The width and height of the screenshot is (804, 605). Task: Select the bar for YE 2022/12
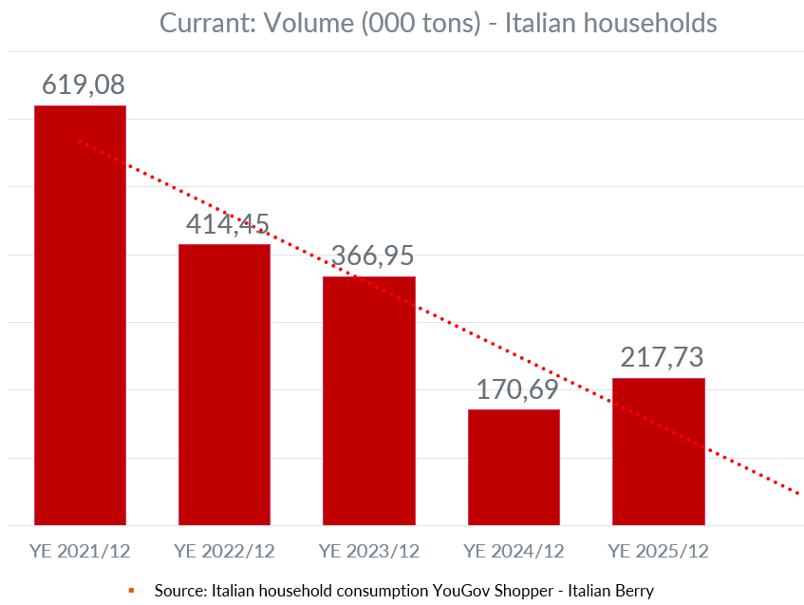225,385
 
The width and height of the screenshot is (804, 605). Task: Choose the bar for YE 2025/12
659,452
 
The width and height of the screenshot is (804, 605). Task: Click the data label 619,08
83,85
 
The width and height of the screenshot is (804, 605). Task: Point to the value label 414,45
225,224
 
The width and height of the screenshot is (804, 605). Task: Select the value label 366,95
372,255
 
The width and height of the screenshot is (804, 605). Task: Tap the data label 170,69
516,389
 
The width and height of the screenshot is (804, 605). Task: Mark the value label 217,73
662,357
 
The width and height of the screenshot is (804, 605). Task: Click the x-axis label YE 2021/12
80,551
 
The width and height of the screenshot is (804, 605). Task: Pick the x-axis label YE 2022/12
225,551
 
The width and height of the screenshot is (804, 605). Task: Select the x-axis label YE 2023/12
369,551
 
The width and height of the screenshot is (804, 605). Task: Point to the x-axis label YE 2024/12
514,551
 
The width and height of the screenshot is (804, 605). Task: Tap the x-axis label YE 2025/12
659,551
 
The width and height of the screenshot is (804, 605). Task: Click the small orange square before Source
131,591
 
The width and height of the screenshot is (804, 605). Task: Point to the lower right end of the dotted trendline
797,493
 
